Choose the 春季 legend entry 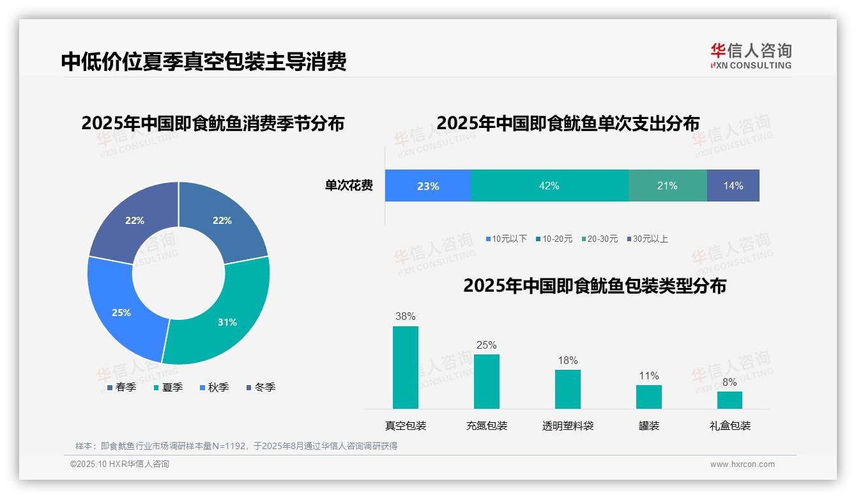click(121, 387)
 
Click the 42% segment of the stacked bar click(549, 186)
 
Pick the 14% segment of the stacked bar click(733, 186)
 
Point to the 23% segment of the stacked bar click(428, 186)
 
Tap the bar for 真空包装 click(406, 367)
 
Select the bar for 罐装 click(649, 397)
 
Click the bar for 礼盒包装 click(730, 400)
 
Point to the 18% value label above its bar click(567, 361)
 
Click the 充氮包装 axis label click(487, 425)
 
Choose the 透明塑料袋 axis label click(568, 425)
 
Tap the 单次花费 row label click(349, 186)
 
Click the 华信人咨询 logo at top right click(751, 56)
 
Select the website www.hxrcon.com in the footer click(742, 464)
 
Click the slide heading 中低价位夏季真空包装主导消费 click(204, 61)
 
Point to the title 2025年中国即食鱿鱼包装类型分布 click(595, 285)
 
